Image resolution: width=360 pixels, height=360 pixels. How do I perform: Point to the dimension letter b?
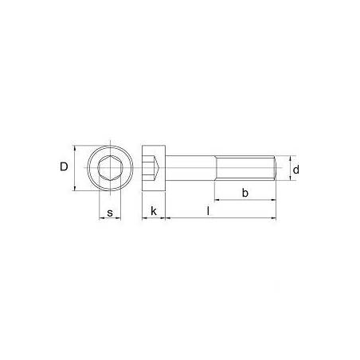pyautogui.click(x=245, y=193)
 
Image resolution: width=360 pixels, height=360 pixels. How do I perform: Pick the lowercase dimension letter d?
pyautogui.click(x=295, y=170)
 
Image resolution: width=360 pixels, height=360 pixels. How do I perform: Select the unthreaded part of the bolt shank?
pyautogui.click(x=191, y=169)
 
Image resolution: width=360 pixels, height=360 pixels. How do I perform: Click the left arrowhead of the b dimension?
pyautogui.click(x=217, y=200)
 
